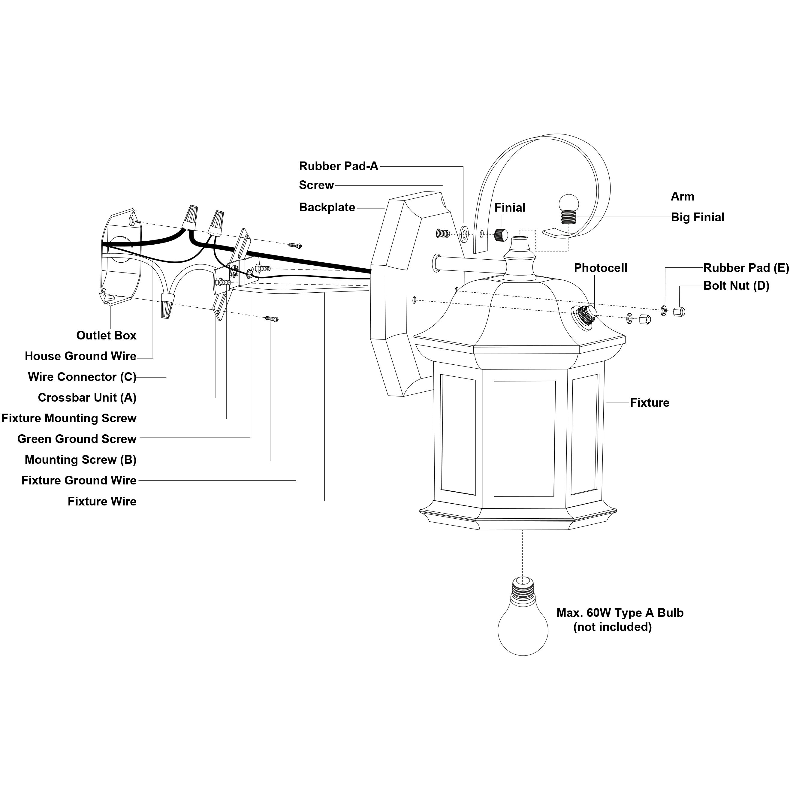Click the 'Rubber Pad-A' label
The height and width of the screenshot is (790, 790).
(339, 166)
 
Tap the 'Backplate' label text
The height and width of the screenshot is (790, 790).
(327, 207)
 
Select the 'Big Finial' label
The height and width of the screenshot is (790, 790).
(698, 217)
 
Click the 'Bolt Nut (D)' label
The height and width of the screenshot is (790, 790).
(736, 285)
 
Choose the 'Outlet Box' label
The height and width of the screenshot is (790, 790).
(106, 335)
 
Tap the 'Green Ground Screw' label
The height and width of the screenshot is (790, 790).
(77, 439)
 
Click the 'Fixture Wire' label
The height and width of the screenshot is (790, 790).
(102, 501)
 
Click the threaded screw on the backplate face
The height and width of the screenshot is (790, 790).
(443, 234)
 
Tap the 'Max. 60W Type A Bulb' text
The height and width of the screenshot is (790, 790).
(620, 613)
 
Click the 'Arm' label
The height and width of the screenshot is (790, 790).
(683, 196)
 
